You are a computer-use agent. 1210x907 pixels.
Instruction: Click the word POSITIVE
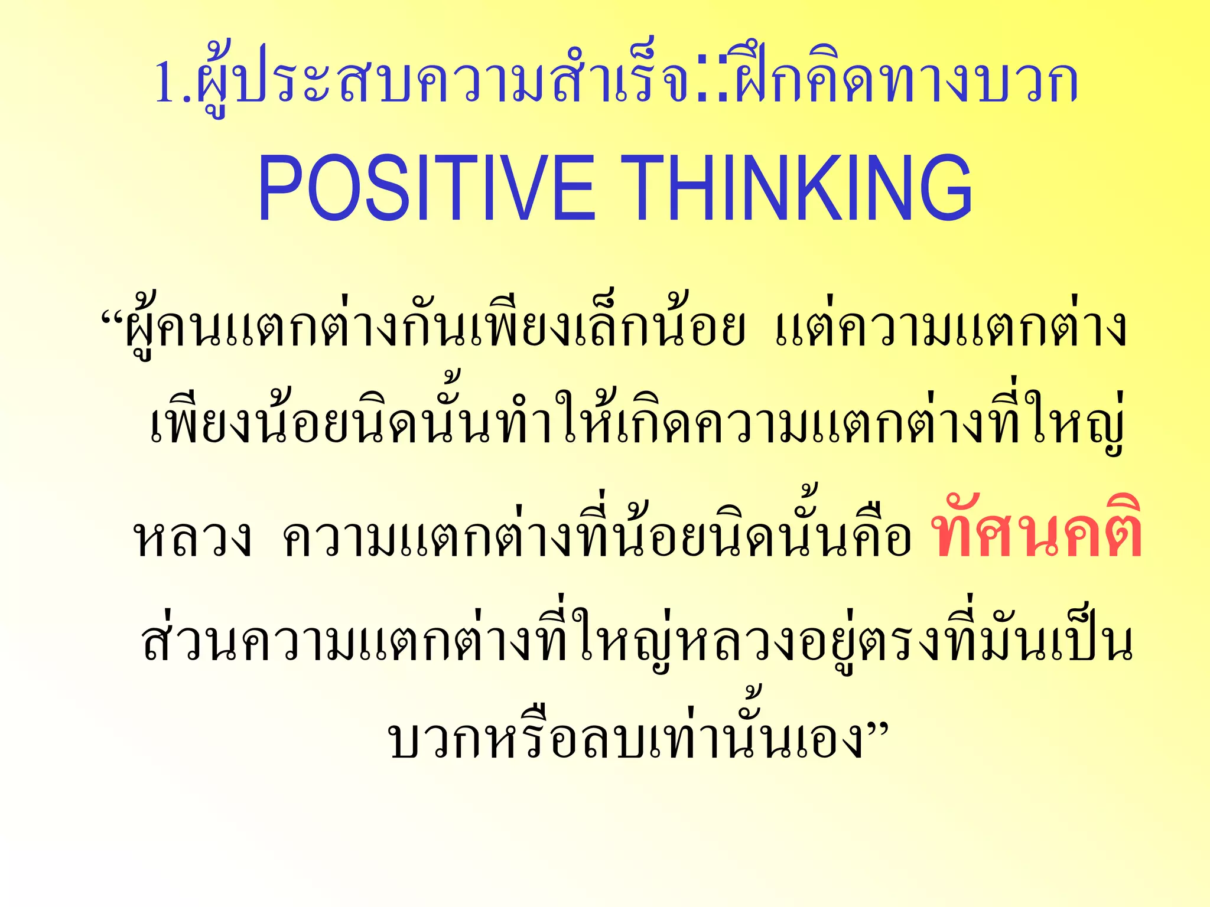point(425,188)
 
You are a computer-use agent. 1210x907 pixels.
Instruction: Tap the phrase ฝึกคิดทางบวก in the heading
point(904,83)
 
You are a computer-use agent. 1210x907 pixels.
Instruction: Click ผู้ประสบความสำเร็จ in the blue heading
point(443,83)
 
